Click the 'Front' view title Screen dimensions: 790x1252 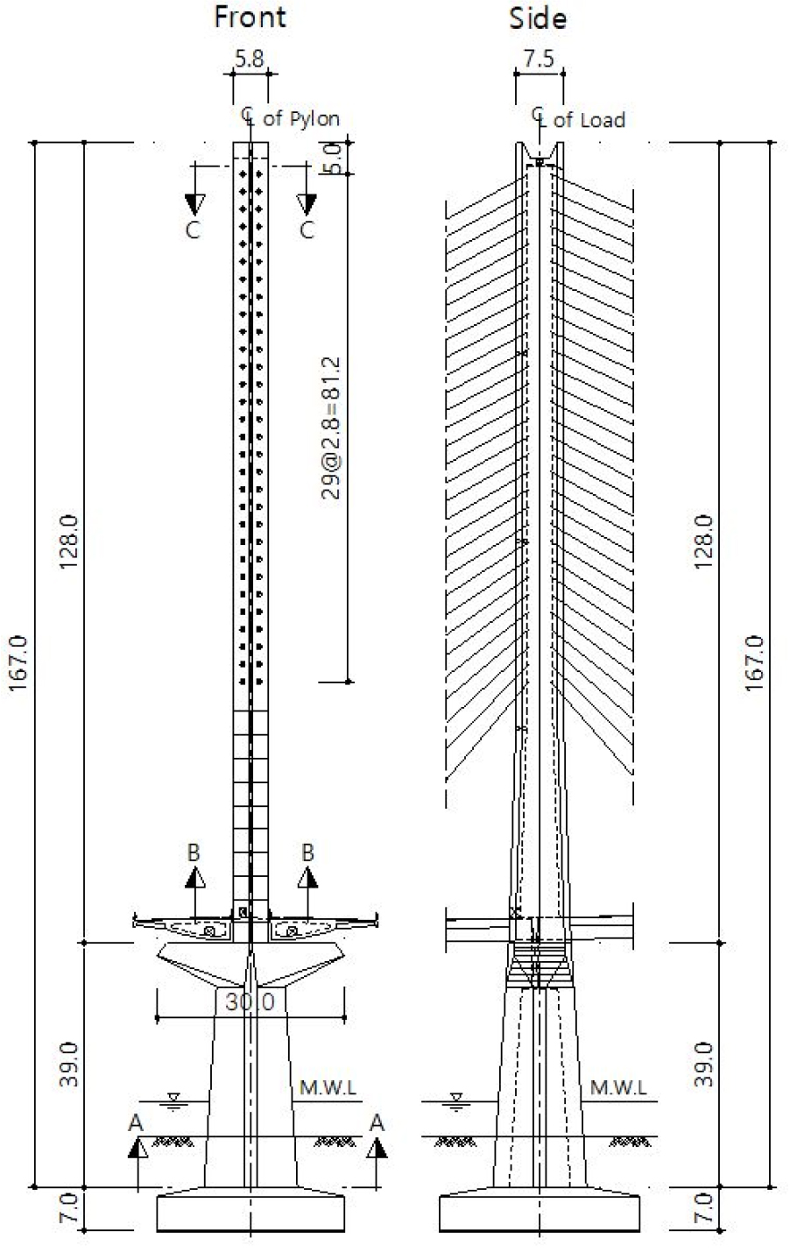(250, 17)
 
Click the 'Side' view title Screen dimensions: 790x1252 (538, 18)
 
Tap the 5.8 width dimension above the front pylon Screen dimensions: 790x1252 (250, 58)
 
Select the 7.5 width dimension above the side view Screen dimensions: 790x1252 (539, 58)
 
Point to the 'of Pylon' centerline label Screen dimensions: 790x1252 (301, 119)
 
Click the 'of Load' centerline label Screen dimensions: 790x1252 (589, 120)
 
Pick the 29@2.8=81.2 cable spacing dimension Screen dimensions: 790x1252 (331, 428)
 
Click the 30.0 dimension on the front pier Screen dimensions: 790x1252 (250, 1001)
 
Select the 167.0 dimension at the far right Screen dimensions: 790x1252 (754, 663)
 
